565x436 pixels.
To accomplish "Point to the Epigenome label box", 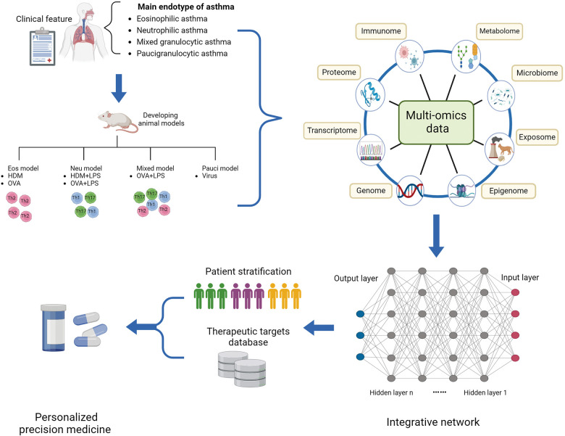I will (508, 192).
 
